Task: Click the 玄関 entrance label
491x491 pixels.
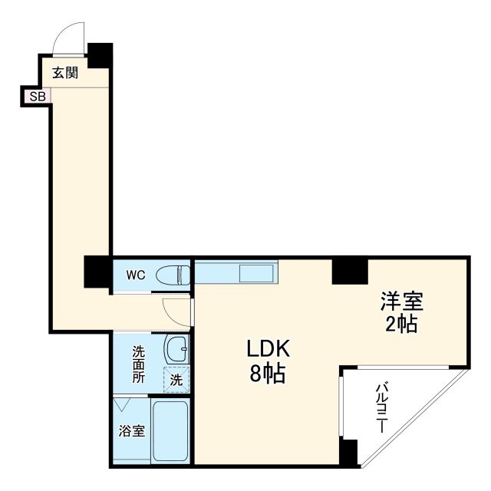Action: pyautogui.click(x=65, y=74)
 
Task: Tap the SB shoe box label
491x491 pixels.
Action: pyautogui.click(x=36, y=97)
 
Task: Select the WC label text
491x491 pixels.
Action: pyautogui.click(x=136, y=274)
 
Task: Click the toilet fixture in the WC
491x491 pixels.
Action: pyautogui.click(x=173, y=274)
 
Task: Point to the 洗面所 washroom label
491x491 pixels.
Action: pyautogui.click(x=138, y=364)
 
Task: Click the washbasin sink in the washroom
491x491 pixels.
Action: pyautogui.click(x=176, y=349)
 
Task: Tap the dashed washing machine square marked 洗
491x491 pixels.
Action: pyautogui.click(x=176, y=378)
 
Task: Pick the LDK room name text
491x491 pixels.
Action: pyautogui.click(x=268, y=350)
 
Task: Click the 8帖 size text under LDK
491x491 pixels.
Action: pyautogui.click(x=268, y=375)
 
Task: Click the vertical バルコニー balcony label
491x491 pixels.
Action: pyautogui.click(x=381, y=408)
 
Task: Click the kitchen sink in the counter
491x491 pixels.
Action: pyautogui.click(x=257, y=273)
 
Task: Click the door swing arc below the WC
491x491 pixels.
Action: pyautogui.click(x=174, y=308)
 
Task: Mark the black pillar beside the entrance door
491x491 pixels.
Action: pyautogui.click(x=99, y=54)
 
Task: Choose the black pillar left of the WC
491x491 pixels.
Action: pyautogui.click(x=98, y=272)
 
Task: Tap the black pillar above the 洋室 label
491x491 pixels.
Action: pyautogui.click(x=350, y=271)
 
